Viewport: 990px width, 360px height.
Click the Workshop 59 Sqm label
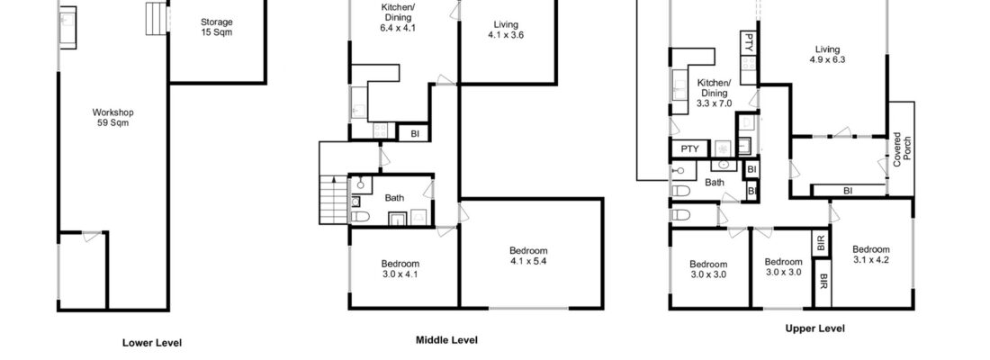(113, 117)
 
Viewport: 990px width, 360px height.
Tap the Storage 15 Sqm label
(217, 26)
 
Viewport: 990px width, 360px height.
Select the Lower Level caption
(152, 343)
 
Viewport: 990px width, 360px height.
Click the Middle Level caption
(446, 340)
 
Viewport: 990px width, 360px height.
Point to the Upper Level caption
(815, 328)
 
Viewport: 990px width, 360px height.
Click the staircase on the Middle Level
(334, 199)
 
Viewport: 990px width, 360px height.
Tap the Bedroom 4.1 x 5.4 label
(528, 256)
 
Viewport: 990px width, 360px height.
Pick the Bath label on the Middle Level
(395, 198)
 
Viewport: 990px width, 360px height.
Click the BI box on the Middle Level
(415, 134)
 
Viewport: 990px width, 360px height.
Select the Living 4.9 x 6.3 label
(827, 55)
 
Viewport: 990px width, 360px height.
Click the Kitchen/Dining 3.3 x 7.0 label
(715, 93)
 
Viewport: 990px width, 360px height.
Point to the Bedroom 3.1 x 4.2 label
(871, 255)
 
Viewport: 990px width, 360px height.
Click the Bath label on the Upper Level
(715, 183)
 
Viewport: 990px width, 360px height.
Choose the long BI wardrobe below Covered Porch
(848, 190)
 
